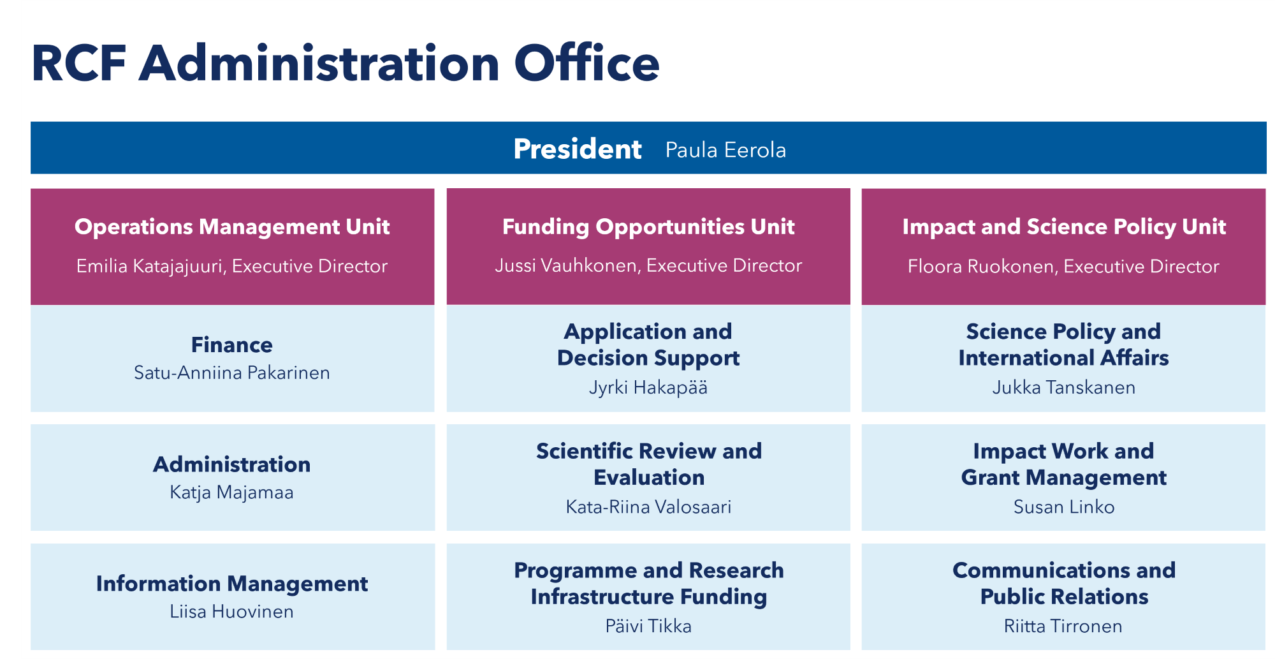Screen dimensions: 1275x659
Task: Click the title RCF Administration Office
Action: tap(345, 64)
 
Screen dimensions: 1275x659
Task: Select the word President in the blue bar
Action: tap(578, 149)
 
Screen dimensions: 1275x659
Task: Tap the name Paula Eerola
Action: tap(725, 150)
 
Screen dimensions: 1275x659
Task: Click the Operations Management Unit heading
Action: tap(232, 226)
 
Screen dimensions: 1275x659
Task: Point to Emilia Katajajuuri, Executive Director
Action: tap(232, 266)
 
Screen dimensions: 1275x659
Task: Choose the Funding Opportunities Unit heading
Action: tap(648, 226)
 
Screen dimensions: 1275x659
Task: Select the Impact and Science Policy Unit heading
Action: tap(1064, 226)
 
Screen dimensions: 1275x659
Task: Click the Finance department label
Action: tap(232, 345)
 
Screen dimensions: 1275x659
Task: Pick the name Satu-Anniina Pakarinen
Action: tap(232, 373)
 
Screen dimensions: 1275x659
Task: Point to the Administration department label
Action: tap(232, 464)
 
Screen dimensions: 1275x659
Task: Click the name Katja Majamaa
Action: tap(232, 492)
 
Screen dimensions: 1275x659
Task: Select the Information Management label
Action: tap(232, 584)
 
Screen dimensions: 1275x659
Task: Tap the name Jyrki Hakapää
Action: tap(648, 388)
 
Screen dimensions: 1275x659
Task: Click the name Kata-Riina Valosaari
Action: tap(648, 507)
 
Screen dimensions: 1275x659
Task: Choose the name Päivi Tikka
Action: tap(648, 626)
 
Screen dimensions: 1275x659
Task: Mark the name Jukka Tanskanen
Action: tap(1064, 388)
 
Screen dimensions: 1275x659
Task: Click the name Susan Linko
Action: tap(1064, 507)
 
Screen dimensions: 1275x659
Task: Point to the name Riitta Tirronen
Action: tap(1063, 626)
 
